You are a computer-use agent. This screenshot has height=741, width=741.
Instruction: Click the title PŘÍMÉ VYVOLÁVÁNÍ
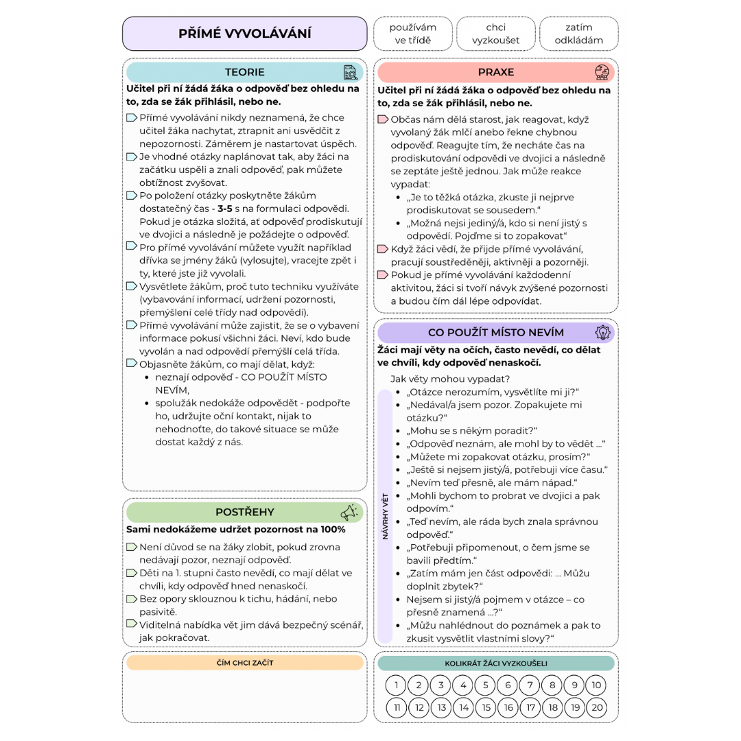click(x=244, y=34)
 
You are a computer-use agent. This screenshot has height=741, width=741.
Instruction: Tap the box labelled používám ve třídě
click(x=413, y=34)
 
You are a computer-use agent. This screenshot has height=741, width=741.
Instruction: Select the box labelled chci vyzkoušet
click(x=495, y=34)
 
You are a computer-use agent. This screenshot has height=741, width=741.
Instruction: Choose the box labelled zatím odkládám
click(x=578, y=34)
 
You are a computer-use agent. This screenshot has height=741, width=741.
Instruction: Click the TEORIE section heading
click(x=244, y=72)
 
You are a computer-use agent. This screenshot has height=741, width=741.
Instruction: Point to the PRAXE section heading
click(x=495, y=72)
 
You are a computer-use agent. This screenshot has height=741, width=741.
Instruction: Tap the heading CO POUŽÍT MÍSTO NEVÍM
click(x=495, y=333)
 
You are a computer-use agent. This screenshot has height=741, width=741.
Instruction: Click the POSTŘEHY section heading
click(x=244, y=512)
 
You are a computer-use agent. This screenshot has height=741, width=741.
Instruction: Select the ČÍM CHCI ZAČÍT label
click(x=244, y=663)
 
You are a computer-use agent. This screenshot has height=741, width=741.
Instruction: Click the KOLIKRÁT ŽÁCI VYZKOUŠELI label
click(x=495, y=663)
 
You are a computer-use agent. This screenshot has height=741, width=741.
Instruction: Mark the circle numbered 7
click(x=530, y=685)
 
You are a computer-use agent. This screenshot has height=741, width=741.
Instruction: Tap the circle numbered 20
click(x=597, y=707)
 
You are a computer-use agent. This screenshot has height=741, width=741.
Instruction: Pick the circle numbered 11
click(x=397, y=707)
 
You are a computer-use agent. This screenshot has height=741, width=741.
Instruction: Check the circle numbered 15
click(x=486, y=707)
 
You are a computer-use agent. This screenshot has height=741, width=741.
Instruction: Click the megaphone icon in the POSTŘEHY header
click(x=349, y=512)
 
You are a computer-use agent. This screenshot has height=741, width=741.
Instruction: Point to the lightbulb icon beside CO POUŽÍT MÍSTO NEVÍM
click(x=602, y=333)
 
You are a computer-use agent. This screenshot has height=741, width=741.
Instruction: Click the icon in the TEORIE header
click(x=351, y=73)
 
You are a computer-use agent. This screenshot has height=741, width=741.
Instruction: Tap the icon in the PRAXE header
click(x=602, y=72)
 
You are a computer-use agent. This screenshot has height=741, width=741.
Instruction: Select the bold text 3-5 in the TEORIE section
click(x=226, y=208)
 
